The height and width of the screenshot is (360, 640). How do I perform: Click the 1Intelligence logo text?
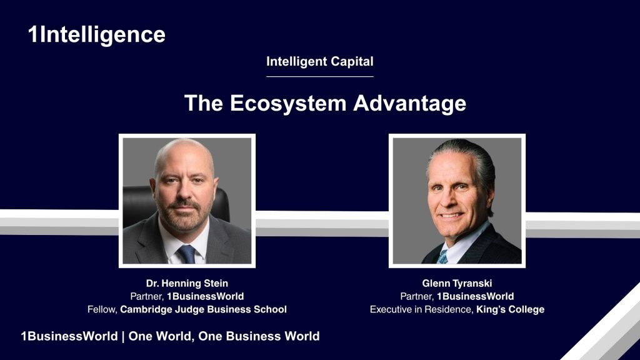pos(97,35)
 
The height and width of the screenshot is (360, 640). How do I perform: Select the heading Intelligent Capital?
pos(319,62)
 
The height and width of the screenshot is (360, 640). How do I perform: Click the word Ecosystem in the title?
pos(288,103)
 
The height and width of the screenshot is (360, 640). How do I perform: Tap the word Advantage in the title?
pos(409,103)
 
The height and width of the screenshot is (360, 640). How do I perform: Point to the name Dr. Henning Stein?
pos(187,283)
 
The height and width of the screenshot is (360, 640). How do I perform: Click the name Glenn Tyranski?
pos(457,283)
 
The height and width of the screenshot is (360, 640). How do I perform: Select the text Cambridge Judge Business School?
pos(203,309)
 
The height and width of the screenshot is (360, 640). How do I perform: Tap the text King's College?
pos(510,309)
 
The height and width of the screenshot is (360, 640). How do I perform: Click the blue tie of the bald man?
pos(186,254)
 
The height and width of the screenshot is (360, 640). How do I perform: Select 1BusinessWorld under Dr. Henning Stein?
pos(205,296)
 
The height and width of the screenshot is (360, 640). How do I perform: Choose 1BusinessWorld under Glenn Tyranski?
pos(476,296)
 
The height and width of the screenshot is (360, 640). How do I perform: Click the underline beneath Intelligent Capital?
pos(319,76)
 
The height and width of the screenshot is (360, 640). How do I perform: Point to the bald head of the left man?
pos(184,153)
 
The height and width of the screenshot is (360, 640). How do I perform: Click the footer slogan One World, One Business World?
pos(224,336)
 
